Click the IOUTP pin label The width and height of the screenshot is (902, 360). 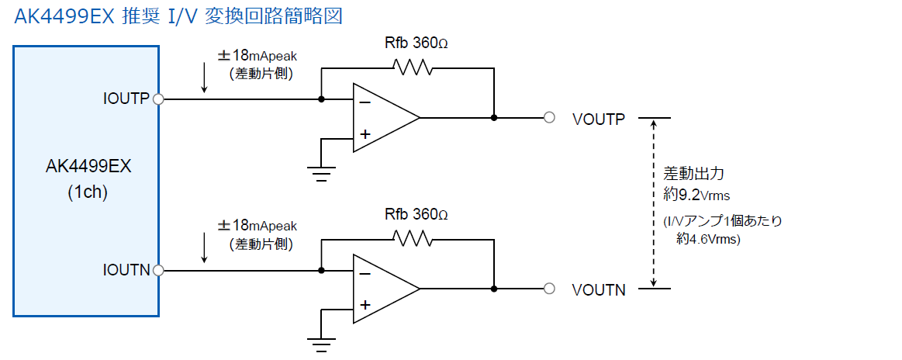[126, 99]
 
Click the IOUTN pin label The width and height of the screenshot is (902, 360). [126, 270]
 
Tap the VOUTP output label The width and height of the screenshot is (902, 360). [599, 119]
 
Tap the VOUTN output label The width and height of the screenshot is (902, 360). [599, 290]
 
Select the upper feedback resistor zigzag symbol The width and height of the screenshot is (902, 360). [412, 67]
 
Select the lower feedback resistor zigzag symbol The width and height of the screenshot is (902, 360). [412, 238]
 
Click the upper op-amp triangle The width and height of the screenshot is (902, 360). [386, 118]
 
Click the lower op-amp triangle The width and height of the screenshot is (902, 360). [386, 288]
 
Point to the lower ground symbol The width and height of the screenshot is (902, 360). [321, 344]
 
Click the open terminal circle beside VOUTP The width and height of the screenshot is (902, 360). [549, 118]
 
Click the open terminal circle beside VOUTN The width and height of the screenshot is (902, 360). [549, 288]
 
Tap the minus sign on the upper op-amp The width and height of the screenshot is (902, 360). [365, 102]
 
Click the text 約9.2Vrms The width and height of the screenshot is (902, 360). [696, 196]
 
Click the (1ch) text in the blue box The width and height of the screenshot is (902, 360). [88, 192]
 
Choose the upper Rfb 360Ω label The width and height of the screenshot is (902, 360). [416, 43]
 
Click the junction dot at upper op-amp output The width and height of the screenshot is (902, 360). [493, 118]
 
